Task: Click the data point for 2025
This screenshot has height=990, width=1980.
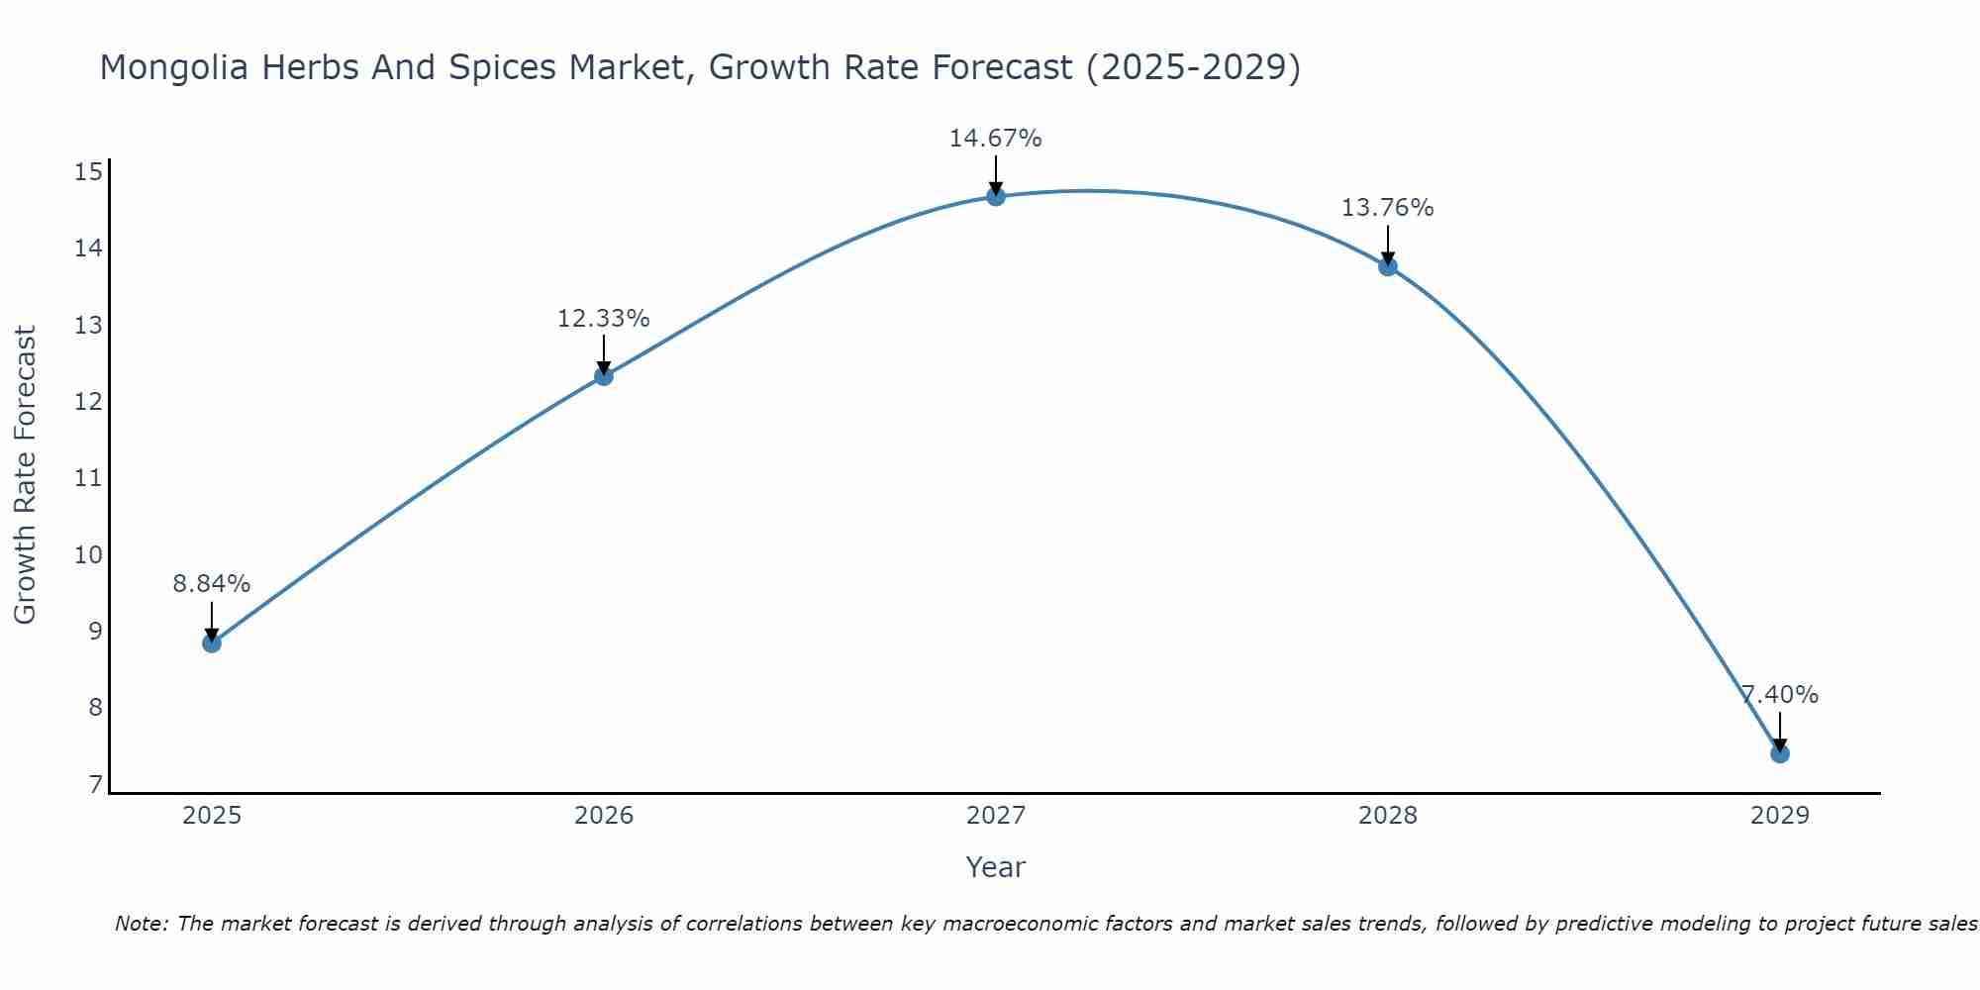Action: pyautogui.click(x=212, y=643)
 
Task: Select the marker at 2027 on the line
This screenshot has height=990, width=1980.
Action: pyautogui.click(x=996, y=197)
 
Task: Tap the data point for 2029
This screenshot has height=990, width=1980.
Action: pyautogui.click(x=1779, y=753)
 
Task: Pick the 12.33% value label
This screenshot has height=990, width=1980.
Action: pyautogui.click(x=603, y=319)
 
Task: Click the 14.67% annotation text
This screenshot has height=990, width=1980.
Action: pyautogui.click(x=995, y=139)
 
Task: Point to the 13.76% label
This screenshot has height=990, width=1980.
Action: pyautogui.click(x=1387, y=208)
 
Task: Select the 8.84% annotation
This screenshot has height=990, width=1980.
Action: pyautogui.click(x=212, y=584)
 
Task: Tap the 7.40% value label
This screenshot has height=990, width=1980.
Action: pyautogui.click(x=1780, y=695)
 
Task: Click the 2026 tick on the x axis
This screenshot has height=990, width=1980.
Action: pyautogui.click(x=604, y=816)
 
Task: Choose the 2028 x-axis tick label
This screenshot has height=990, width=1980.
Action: pyautogui.click(x=1387, y=816)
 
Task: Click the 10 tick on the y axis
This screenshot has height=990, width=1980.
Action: pyautogui.click(x=89, y=554)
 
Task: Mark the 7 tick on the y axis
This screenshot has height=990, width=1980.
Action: pyautogui.click(x=95, y=785)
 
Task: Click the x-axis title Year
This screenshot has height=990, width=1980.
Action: pyautogui.click(x=995, y=867)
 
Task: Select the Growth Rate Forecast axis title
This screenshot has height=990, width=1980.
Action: pyautogui.click(x=26, y=475)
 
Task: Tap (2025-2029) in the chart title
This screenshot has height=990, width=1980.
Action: pyautogui.click(x=1193, y=67)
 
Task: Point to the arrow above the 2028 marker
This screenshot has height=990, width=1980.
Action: pyautogui.click(x=1387, y=244)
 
